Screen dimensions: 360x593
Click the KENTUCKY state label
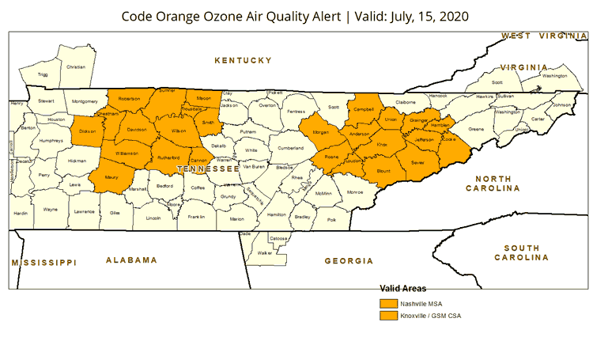click(243, 60)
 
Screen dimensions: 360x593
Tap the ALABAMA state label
click(131, 260)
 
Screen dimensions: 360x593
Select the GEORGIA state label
click(348, 260)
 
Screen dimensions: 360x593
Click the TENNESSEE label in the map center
click(208, 169)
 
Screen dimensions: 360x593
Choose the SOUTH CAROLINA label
click(521, 253)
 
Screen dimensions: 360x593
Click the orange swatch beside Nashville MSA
click(388, 302)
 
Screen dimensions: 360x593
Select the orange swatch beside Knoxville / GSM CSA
click(388, 316)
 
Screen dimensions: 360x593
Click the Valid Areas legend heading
click(403, 289)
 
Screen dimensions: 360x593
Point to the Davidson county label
click(137, 129)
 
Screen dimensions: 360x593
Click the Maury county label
click(111, 178)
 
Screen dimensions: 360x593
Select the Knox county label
click(381, 145)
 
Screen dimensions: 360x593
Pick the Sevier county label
click(419, 163)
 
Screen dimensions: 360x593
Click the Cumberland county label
click(290, 148)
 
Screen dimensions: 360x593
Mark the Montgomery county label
click(85, 101)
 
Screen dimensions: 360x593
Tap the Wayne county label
click(50, 210)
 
